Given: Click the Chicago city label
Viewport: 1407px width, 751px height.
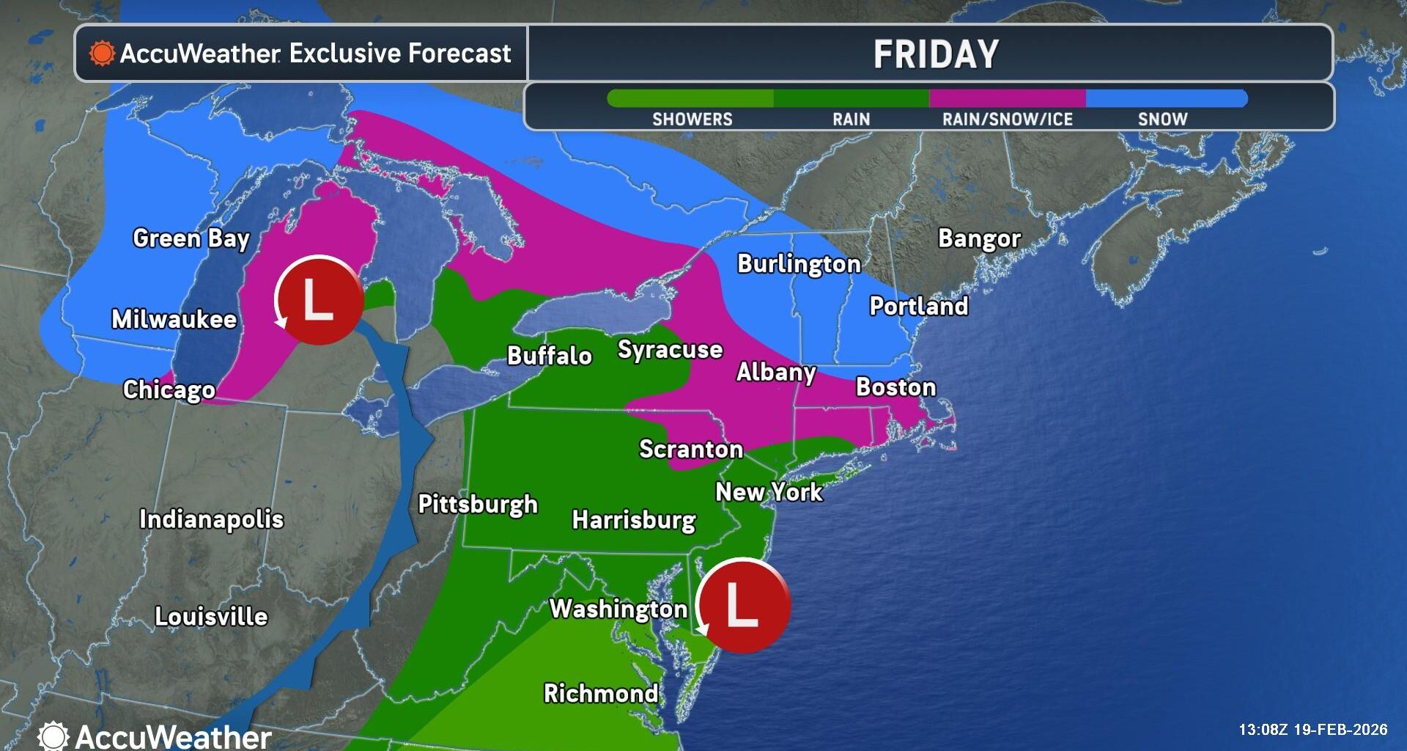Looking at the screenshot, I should coord(169,389).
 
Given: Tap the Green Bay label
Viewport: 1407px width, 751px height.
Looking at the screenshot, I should coord(191,238).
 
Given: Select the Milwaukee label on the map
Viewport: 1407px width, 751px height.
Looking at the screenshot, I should coord(174,319).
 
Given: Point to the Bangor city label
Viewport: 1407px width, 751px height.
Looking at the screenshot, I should coord(979,238).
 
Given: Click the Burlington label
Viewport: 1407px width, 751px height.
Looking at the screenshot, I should coord(799,264).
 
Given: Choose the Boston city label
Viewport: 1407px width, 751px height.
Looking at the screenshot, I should coord(895,387).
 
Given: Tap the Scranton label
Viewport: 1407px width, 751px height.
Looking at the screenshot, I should coord(691,449).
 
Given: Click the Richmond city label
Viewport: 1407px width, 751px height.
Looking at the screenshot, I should coord(601,693).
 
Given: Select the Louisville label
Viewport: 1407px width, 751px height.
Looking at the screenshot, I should coord(211,616).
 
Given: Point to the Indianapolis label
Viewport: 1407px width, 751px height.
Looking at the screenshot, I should coord(211,519).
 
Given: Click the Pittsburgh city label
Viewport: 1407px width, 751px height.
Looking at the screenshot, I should coord(478,504).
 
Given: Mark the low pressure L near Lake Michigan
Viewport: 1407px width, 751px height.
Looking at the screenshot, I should coord(319,300).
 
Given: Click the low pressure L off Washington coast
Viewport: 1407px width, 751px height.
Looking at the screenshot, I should coord(742,606).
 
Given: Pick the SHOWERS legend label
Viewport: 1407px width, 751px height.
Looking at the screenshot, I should coord(692,119).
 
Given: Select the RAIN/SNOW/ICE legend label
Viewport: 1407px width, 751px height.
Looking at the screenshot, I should coord(1007,119).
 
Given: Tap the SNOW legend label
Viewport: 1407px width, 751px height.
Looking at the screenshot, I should coord(1162,119).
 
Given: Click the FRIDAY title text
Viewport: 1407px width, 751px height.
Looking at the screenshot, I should coord(936,54).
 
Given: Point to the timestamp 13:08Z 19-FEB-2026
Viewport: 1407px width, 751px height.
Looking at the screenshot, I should coord(1312,730).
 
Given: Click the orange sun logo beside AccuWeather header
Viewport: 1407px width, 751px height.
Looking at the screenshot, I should coord(102,54).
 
